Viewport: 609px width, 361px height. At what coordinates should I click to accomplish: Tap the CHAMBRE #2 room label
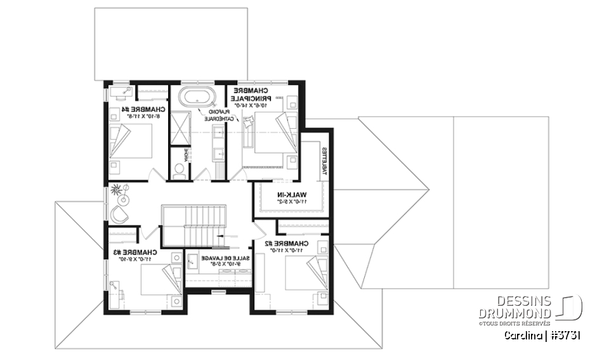(292, 244)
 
